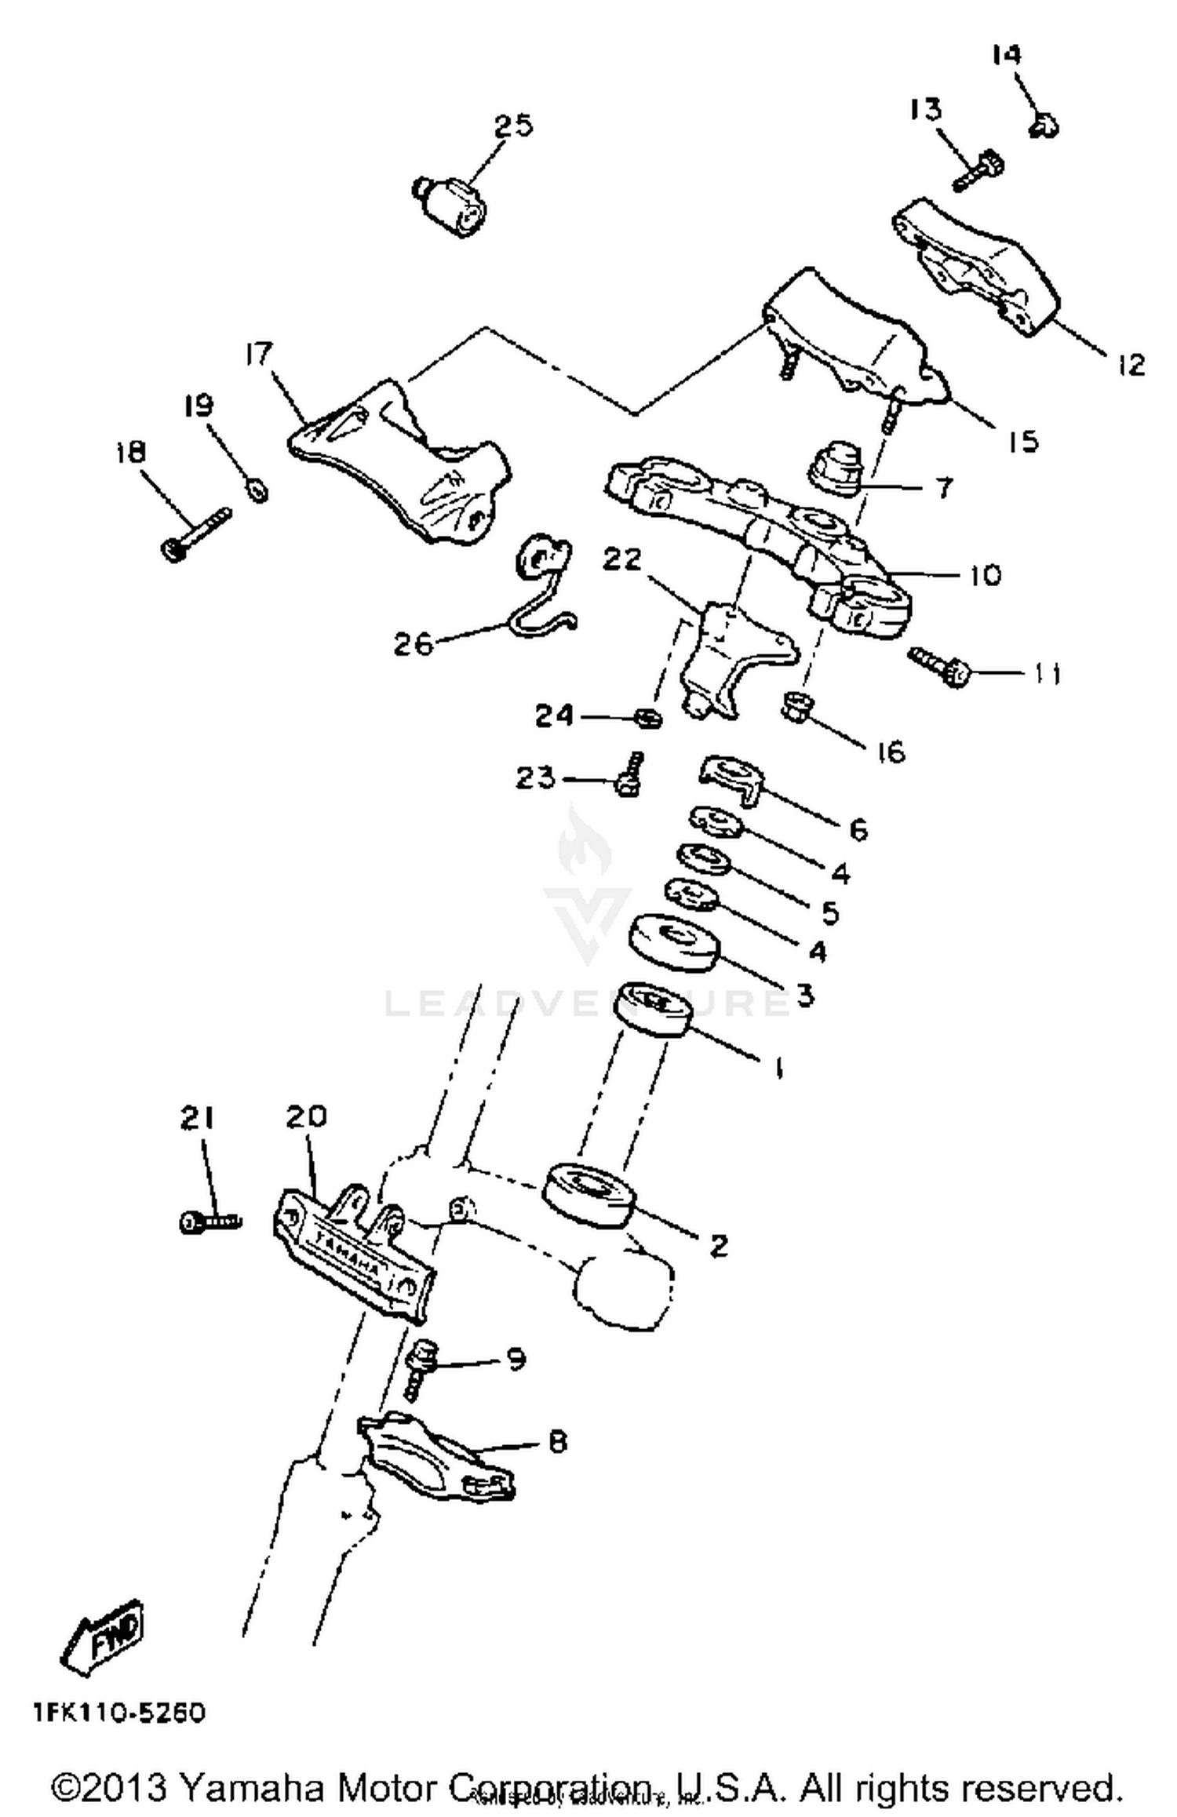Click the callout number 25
[x=513, y=126]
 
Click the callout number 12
[x=1131, y=364]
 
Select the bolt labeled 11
[x=941, y=666]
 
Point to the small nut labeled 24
[x=648, y=717]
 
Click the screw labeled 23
[x=631, y=773]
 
